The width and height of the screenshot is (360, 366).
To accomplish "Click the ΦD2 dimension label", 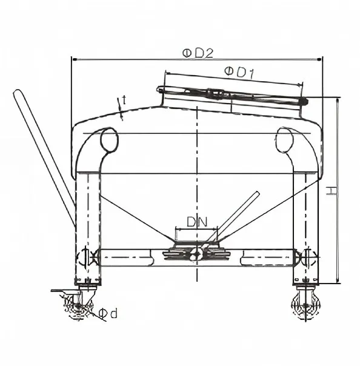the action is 198,53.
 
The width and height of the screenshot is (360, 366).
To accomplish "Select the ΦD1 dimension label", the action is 239,72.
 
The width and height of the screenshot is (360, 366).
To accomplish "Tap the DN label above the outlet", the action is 197,222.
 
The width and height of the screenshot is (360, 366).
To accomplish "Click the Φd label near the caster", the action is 108,313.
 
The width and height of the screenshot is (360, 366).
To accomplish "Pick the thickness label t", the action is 124,99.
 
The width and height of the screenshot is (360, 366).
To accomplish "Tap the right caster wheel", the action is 305,305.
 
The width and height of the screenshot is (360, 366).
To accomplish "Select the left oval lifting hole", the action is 109,140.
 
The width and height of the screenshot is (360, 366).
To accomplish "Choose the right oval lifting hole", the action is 284,140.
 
